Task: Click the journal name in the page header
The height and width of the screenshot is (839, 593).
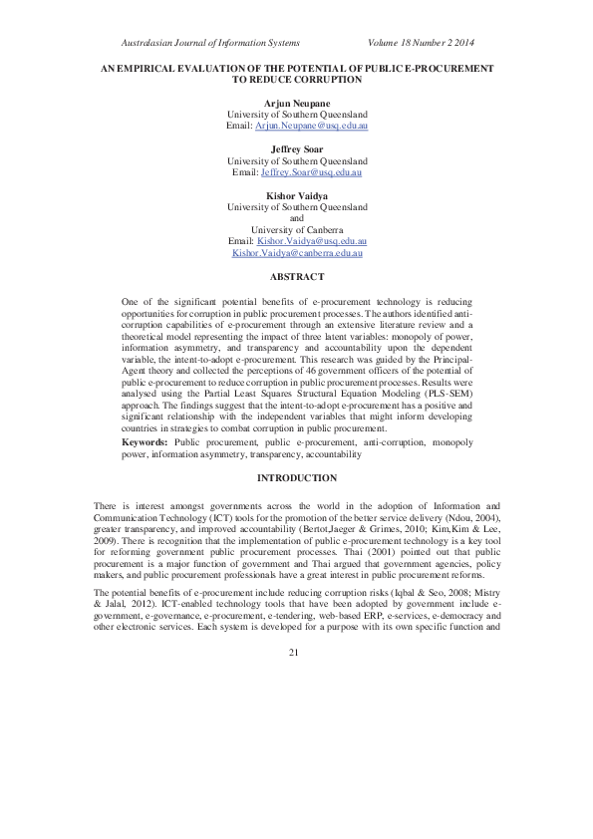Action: tap(209, 43)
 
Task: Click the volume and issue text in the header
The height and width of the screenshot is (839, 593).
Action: tap(422, 43)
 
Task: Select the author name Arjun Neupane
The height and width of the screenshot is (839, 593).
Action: tap(296, 103)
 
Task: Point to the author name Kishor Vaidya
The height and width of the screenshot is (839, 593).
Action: tap(296, 195)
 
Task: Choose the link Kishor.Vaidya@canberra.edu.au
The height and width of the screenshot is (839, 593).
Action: tap(296, 254)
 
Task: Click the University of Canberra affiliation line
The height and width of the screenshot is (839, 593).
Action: tap(296, 230)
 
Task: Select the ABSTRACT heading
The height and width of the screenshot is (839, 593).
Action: tap(296, 276)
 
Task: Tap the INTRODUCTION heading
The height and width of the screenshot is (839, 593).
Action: tap(296, 478)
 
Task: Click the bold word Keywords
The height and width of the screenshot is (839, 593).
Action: tap(144, 439)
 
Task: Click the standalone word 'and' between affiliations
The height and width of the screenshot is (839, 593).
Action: tap(296, 218)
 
